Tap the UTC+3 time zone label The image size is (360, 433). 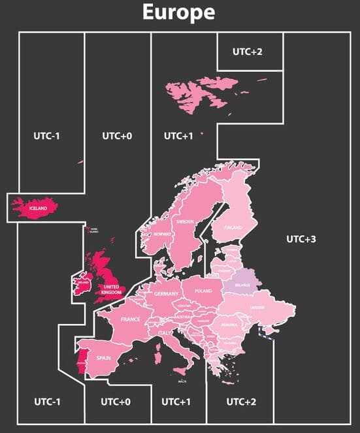(301, 239)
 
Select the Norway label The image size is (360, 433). (162, 234)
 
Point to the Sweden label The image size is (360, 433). (185, 222)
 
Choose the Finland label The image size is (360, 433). (233, 228)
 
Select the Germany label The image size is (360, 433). (167, 295)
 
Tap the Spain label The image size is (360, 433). (104, 359)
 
